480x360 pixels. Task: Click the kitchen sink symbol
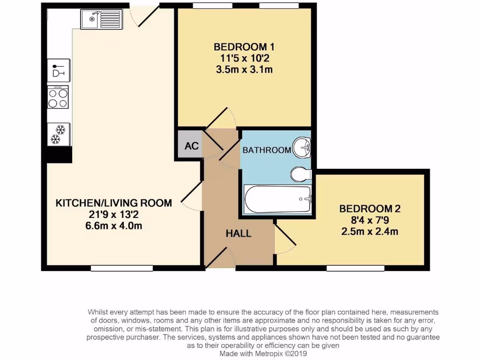[100, 20]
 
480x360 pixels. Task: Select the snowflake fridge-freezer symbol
[58, 134]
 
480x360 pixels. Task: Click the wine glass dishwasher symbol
[58, 70]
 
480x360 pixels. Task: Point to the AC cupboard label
[191, 145]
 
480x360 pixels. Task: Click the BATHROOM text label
[267, 150]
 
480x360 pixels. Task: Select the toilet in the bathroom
[300, 175]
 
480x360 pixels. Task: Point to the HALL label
[239, 233]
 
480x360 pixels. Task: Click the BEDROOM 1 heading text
[244, 47]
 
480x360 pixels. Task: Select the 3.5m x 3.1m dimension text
[244, 70]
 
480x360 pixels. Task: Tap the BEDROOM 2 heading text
[370, 208]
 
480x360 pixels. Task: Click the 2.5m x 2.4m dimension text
[370, 231]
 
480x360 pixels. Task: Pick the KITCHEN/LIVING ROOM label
[114, 203]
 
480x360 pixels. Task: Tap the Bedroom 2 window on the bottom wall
[355, 268]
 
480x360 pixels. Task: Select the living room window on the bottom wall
[122, 268]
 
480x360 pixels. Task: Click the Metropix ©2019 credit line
[262, 354]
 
